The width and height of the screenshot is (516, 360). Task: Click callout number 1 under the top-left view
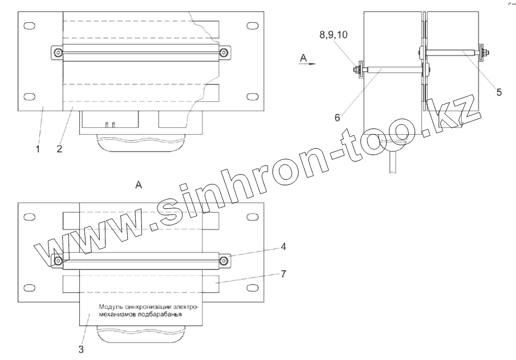(38, 149)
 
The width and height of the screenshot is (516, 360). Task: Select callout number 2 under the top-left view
(59, 149)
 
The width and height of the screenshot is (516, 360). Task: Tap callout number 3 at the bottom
(81, 349)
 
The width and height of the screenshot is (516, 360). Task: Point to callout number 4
(283, 246)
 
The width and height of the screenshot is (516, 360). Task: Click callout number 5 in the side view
(499, 92)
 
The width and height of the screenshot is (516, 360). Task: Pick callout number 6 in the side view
(337, 118)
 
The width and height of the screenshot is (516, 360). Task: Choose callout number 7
(283, 274)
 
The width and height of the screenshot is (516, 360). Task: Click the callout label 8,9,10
(334, 35)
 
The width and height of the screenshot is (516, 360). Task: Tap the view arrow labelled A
(307, 63)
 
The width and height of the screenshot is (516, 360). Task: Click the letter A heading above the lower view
(139, 185)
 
